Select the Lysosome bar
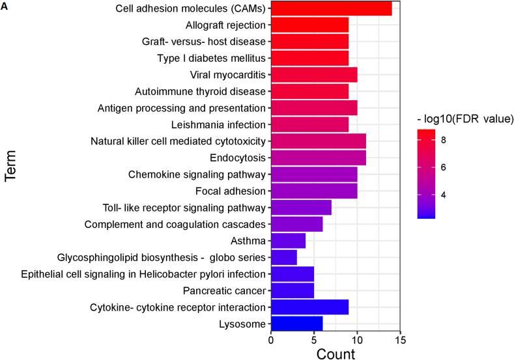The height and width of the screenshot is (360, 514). point(296,324)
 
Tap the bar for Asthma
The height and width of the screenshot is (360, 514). point(288,241)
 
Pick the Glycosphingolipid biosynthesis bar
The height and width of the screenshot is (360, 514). point(283,257)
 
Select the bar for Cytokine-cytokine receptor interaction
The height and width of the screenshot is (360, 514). point(309,307)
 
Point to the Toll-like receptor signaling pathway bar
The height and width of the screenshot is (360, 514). point(301,208)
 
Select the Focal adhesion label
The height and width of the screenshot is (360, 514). point(231,191)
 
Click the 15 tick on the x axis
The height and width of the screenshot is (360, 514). point(400,340)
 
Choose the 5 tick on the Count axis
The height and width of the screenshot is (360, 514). point(314,340)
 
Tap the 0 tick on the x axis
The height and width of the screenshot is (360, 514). point(271,340)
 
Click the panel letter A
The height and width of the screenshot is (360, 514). point(5,6)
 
